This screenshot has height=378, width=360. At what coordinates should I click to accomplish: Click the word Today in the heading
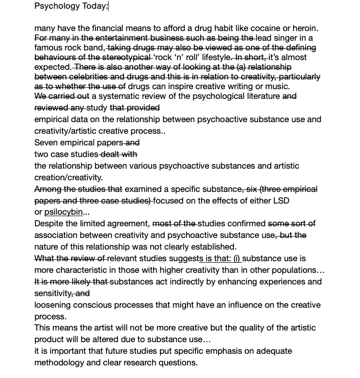(x=94, y=6)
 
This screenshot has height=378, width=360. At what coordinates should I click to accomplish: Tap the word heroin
(x=303, y=28)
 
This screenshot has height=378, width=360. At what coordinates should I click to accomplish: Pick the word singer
(x=286, y=38)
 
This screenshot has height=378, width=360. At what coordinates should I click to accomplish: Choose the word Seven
(x=47, y=142)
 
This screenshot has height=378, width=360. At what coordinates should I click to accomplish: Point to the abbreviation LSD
(x=281, y=200)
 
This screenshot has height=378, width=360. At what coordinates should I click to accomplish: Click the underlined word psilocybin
(x=63, y=212)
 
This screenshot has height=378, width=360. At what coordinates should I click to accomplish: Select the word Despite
(x=50, y=223)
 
